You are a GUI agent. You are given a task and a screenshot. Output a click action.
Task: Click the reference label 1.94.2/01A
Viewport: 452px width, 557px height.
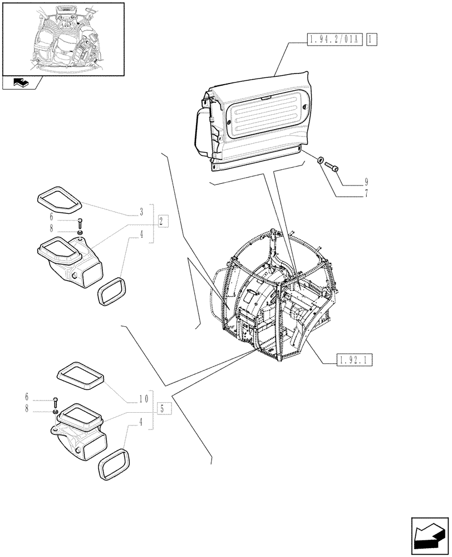[334, 39]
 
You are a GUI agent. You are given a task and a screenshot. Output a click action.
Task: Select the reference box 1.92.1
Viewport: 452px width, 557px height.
[354, 360]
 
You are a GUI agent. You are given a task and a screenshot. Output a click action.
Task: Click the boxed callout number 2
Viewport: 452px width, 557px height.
[162, 222]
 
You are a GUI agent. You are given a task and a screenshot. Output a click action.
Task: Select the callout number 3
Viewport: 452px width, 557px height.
[142, 212]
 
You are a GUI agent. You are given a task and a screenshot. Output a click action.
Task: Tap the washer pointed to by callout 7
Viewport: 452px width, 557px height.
[321, 162]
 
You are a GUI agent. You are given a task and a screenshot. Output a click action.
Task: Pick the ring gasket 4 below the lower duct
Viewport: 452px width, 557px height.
[114, 464]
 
